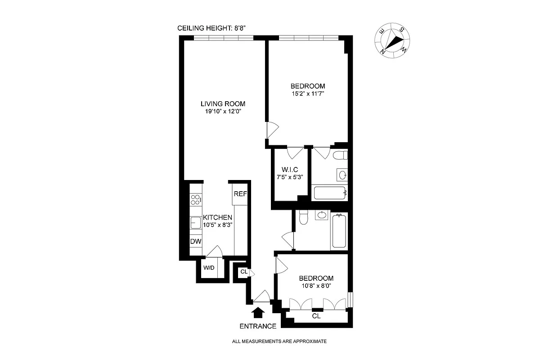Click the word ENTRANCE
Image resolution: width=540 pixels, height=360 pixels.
tap(258, 326)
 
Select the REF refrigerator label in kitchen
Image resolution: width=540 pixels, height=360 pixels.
tap(239, 194)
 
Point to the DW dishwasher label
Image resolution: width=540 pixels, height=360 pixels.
tap(195, 242)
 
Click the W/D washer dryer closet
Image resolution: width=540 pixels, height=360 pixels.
tap(209, 268)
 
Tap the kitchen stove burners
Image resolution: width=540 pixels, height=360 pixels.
tap(196, 200)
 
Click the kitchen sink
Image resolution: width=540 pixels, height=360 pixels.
tap(195, 222)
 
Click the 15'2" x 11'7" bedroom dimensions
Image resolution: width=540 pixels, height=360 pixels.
tap(307, 94)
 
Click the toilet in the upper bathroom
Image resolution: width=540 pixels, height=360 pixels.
tap(341, 156)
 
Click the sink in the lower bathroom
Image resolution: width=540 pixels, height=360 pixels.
tap(321, 216)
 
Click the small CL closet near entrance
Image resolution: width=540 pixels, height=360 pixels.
tap(243, 272)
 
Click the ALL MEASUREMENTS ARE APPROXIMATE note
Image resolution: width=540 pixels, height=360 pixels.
tap(279, 342)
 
